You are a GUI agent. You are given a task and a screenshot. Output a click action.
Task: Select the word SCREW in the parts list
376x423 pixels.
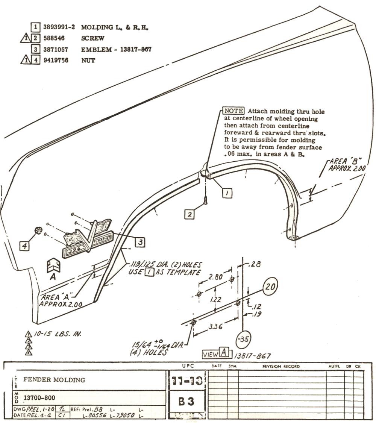coord(92,38)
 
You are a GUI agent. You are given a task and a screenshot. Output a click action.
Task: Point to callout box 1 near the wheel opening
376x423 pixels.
coord(227,193)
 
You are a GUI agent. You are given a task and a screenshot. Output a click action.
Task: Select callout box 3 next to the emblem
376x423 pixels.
coord(140,243)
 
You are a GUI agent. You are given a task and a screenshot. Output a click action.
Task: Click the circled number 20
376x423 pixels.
coord(269,287)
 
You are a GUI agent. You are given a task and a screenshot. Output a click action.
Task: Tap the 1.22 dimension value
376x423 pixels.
coord(215,299)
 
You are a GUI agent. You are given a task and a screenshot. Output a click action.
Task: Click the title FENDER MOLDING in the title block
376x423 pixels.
coord(54,379)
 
